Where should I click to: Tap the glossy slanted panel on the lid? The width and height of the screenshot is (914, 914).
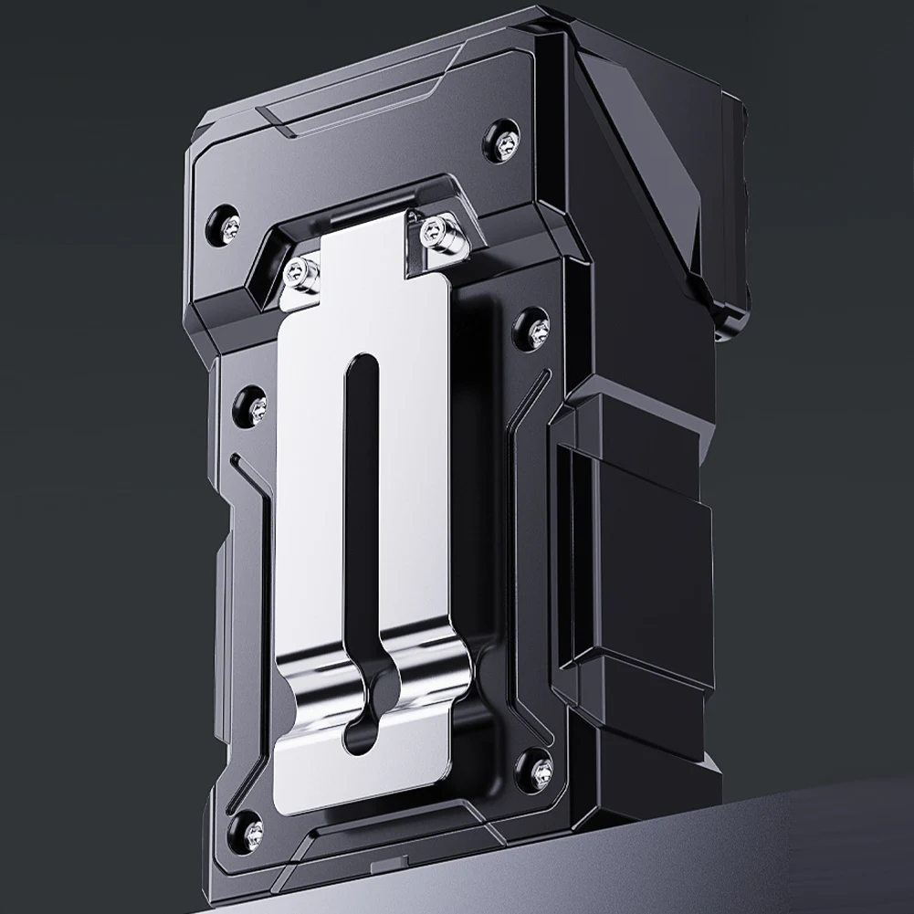[639, 173]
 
